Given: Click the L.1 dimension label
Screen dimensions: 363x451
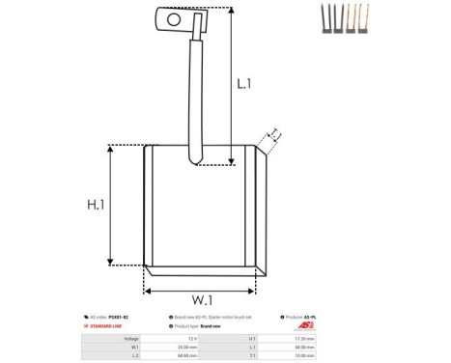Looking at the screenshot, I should [x=244, y=84].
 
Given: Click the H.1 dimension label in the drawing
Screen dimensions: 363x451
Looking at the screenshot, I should [x=96, y=205].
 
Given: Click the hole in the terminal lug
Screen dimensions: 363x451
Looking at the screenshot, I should [x=174, y=17].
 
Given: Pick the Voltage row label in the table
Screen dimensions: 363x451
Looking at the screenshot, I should [x=131, y=339].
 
